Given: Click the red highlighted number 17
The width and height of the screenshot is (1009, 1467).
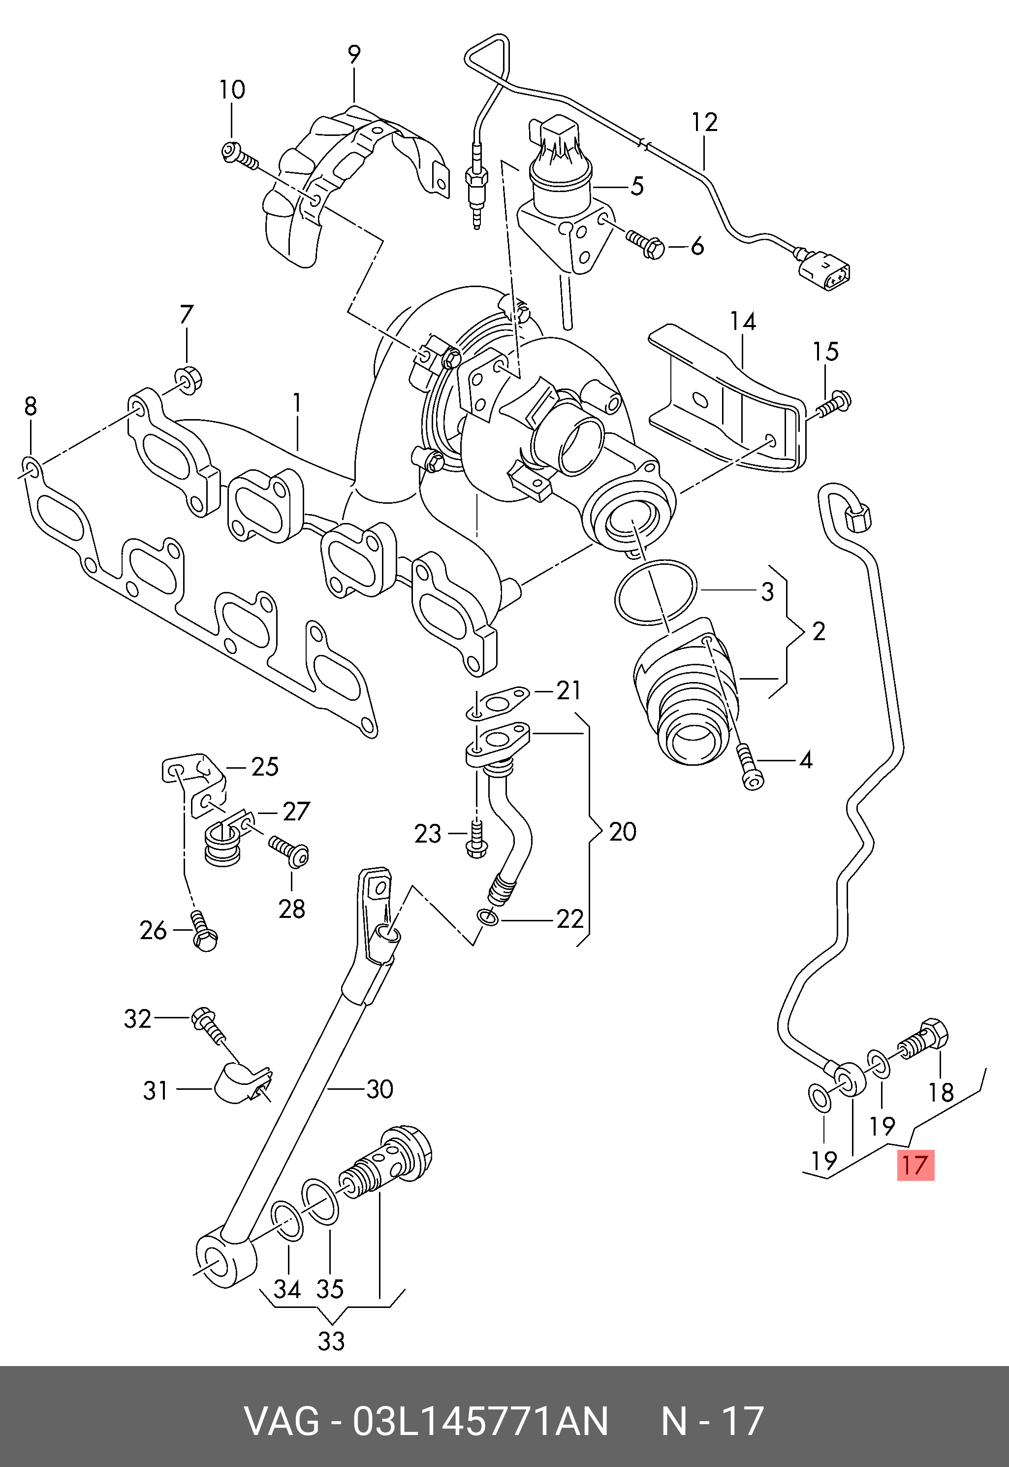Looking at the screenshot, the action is pyautogui.click(x=915, y=1165).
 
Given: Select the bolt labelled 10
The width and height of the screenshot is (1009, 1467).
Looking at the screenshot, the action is pyautogui.click(x=240, y=156).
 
